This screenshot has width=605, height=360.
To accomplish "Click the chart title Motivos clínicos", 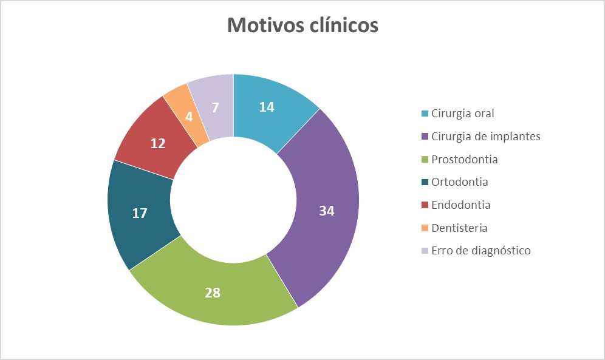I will point(302,25).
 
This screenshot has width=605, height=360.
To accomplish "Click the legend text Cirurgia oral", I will point(463,114).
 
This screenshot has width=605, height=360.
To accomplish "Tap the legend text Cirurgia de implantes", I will point(486,136).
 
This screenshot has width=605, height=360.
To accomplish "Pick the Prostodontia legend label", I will point(464,159).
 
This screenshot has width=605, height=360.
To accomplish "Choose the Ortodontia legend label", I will point(460,182).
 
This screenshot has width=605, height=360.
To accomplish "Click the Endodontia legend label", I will point(461,205).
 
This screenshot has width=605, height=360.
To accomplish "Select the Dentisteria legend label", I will point(460,228).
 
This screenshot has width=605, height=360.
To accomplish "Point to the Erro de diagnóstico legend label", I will point(481,251).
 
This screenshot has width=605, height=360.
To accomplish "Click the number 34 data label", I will point(327,211).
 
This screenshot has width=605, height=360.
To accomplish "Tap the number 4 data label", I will point(189,117).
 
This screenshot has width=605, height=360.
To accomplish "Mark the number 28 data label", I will point(212,293).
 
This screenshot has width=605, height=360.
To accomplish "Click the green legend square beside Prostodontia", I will point(425,160).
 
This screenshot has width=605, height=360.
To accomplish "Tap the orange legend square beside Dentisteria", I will point(425,228).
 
